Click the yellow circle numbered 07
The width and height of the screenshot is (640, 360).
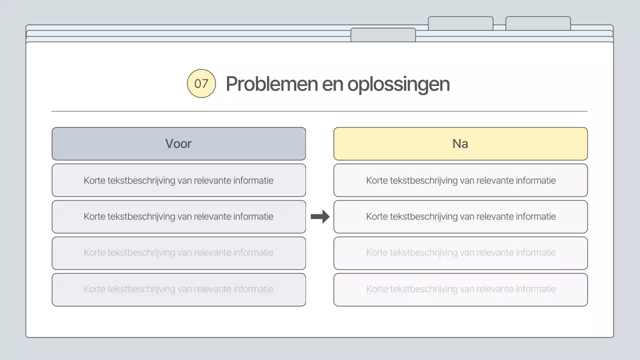[201, 83]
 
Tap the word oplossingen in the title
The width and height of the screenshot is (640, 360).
[398, 84]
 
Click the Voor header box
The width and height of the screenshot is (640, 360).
[178, 143]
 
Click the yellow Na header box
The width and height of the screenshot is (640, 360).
[460, 143]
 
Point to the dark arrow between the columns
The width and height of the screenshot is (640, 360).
[320, 216]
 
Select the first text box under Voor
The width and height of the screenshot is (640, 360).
[178, 180]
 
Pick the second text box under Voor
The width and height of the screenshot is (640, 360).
[178, 216]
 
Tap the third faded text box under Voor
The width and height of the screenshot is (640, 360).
[178, 253]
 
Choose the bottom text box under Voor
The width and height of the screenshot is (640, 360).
[178, 289]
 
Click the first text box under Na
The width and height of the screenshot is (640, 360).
[460, 180]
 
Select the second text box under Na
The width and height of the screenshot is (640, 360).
[460, 216]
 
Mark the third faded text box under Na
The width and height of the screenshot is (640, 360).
[460, 253]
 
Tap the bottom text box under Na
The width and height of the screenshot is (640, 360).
[460, 289]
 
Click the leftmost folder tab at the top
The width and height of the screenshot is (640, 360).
[383, 34]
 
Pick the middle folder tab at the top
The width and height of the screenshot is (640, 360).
[460, 23]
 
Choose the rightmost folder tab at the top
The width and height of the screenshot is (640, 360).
[538, 23]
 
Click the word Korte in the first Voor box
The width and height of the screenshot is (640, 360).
[94, 180]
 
